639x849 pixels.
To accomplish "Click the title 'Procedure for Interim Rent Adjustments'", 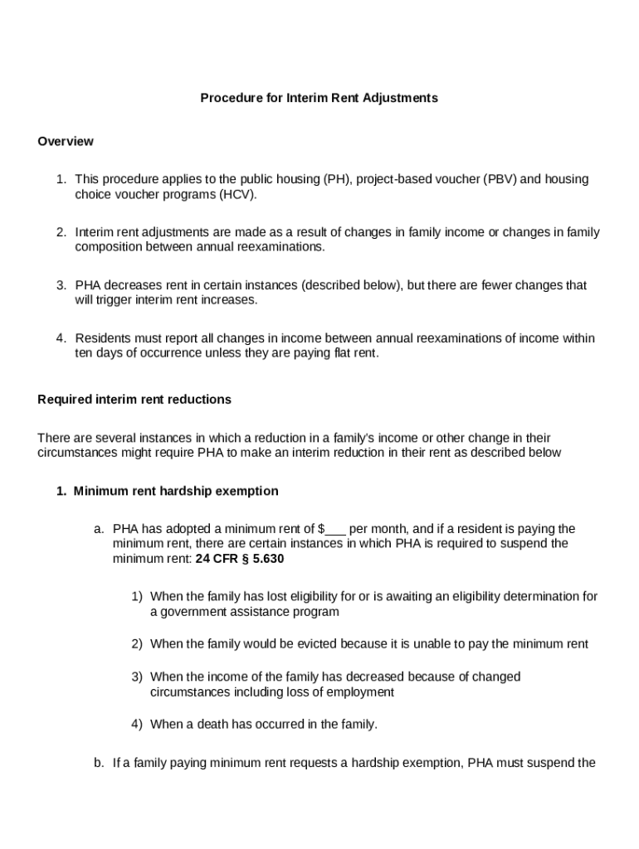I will (319, 98).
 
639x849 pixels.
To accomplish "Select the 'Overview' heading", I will (66, 141).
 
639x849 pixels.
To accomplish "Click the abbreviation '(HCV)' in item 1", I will (238, 195).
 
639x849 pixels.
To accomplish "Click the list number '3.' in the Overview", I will (61, 285).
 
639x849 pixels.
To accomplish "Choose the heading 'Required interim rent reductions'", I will (134, 400).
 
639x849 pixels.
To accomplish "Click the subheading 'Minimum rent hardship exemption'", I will (176, 491).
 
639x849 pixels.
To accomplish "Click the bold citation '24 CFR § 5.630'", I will (240, 559).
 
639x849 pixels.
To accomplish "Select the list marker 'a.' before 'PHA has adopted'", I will (99, 529).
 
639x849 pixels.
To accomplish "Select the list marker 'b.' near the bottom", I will (99, 763).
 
